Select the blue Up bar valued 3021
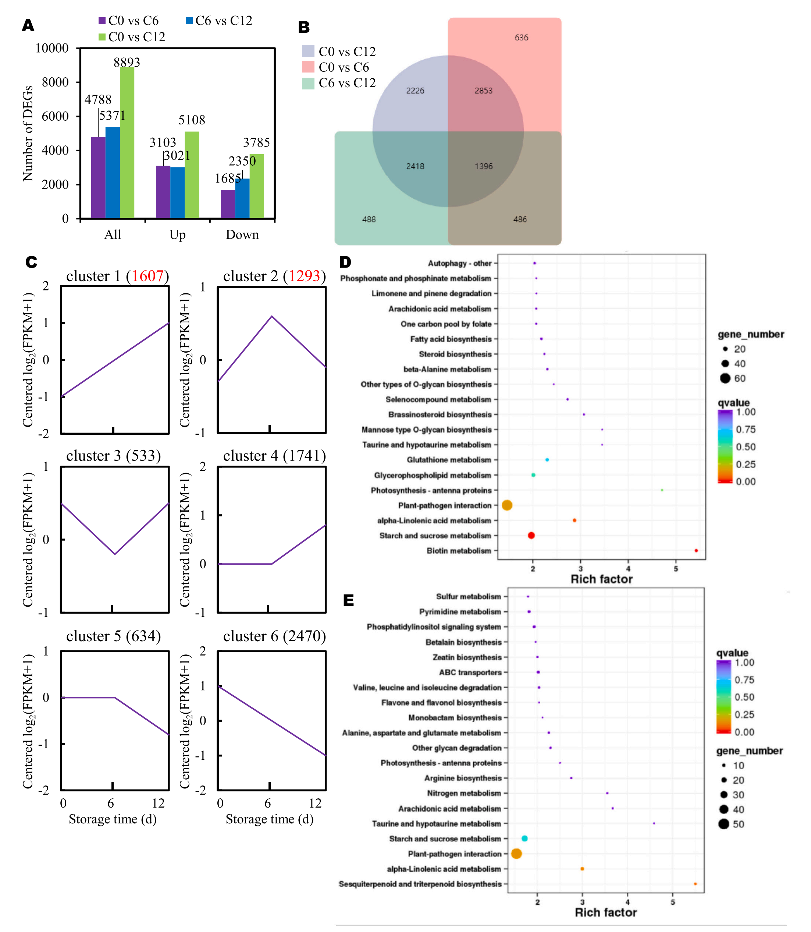click(177, 192)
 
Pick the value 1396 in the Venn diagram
click(483, 166)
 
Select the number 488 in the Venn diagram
click(369, 219)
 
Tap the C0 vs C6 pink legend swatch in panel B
click(308, 67)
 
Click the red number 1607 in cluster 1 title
click(147, 276)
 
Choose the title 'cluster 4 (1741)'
click(274, 456)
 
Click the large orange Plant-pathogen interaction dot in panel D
click(507, 505)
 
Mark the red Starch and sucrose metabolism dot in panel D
click(531, 535)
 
